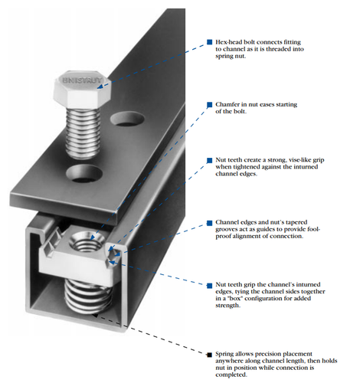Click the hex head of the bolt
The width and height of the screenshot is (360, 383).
82,90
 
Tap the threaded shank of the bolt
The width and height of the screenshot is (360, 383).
83,133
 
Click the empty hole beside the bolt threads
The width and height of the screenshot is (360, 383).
127,119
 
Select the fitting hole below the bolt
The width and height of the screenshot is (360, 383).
84,173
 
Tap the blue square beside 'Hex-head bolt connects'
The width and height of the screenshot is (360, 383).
210,42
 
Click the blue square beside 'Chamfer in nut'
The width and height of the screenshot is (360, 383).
210,105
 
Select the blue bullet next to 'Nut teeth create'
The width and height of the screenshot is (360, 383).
210,160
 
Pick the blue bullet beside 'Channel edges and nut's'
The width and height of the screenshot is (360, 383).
210,223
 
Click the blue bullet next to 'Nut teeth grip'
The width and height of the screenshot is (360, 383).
210,286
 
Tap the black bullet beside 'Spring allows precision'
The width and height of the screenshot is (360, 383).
210,355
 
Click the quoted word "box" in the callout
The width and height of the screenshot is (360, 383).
237,298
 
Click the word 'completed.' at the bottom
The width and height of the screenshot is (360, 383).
231,375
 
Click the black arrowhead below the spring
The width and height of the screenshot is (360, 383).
95,316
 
